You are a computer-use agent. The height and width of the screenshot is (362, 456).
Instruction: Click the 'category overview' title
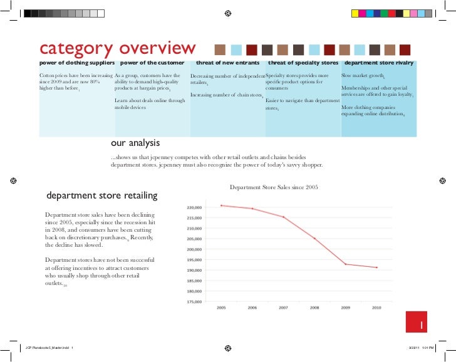click(117, 48)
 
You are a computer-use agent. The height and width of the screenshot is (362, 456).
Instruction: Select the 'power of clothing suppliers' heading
click(76, 63)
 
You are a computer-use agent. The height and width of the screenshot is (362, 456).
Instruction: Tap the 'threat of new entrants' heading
click(227, 63)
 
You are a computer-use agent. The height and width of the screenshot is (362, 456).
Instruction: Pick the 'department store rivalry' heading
click(378, 63)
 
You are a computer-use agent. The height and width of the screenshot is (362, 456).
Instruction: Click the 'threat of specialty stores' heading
click(303, 63)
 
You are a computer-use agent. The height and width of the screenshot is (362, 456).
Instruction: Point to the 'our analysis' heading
click(135, 143)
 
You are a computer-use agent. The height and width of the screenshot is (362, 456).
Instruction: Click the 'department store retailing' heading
click(102, 195)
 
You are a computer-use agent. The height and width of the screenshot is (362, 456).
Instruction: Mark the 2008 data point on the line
click(314, 238)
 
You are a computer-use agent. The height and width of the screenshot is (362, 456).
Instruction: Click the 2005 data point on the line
click(221, 205)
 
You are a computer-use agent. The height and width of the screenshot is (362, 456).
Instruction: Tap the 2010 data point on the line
click(376, 267)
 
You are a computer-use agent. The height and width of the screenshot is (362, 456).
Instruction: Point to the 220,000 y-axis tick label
click(194, 207)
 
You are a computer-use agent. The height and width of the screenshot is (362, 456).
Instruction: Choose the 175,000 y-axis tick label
click(194, 301)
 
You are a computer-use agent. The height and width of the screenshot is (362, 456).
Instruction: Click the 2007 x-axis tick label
click(283, 308)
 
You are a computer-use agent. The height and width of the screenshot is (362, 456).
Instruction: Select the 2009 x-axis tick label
click(345, 308)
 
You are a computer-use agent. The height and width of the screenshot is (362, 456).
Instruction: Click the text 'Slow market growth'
click(361, 75)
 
